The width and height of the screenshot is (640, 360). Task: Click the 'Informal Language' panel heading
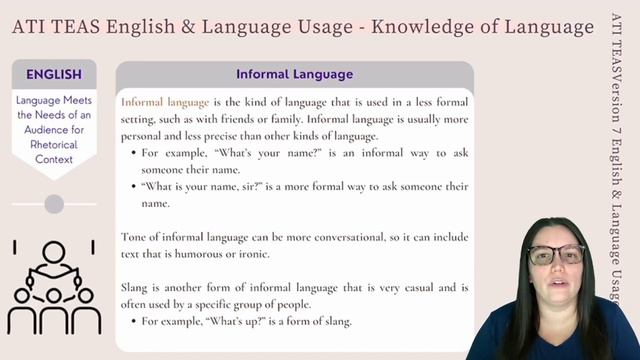[294, 75]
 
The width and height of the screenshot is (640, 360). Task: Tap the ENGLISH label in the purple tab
[54, 73]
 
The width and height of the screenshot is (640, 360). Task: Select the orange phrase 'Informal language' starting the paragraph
[165, 103]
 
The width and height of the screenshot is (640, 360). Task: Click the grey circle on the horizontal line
[54, 204]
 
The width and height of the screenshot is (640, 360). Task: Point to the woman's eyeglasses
[556, 256]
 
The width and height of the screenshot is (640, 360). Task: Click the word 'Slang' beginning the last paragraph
[136, 287]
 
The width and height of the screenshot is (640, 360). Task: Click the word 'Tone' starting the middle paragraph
[135, 237]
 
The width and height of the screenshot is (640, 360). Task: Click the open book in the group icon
[54, 271]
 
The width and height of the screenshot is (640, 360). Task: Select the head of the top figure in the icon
[54, 250]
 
